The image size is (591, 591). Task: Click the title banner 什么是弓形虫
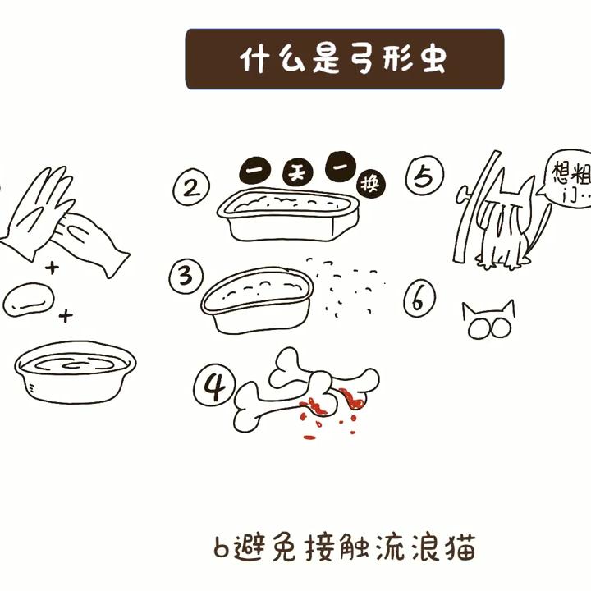click(x=344, y=59)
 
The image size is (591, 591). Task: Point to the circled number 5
click(x=424, y=176)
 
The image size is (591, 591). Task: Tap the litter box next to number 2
click(x=288, y=213)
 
